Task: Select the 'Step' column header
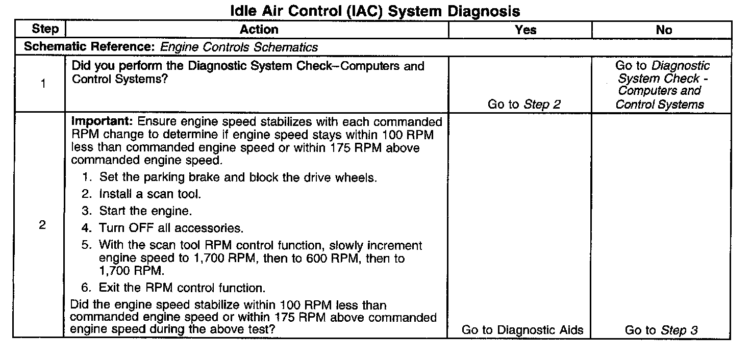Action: point(45,30)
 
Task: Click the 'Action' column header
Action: point(259,30)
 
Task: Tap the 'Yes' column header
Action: point(525,30)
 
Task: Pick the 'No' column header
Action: point(664,30)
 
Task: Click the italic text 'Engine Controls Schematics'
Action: point(239,47)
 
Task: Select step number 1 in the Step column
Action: point(43,84)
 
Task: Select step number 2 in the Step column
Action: point(42,225)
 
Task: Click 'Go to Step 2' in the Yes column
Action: point(524,105)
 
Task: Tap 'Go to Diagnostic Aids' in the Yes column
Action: point(522,330)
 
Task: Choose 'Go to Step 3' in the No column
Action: point(661,330)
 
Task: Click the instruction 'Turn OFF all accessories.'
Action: point(171,228)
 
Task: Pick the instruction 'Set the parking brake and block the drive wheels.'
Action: point(238,178)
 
